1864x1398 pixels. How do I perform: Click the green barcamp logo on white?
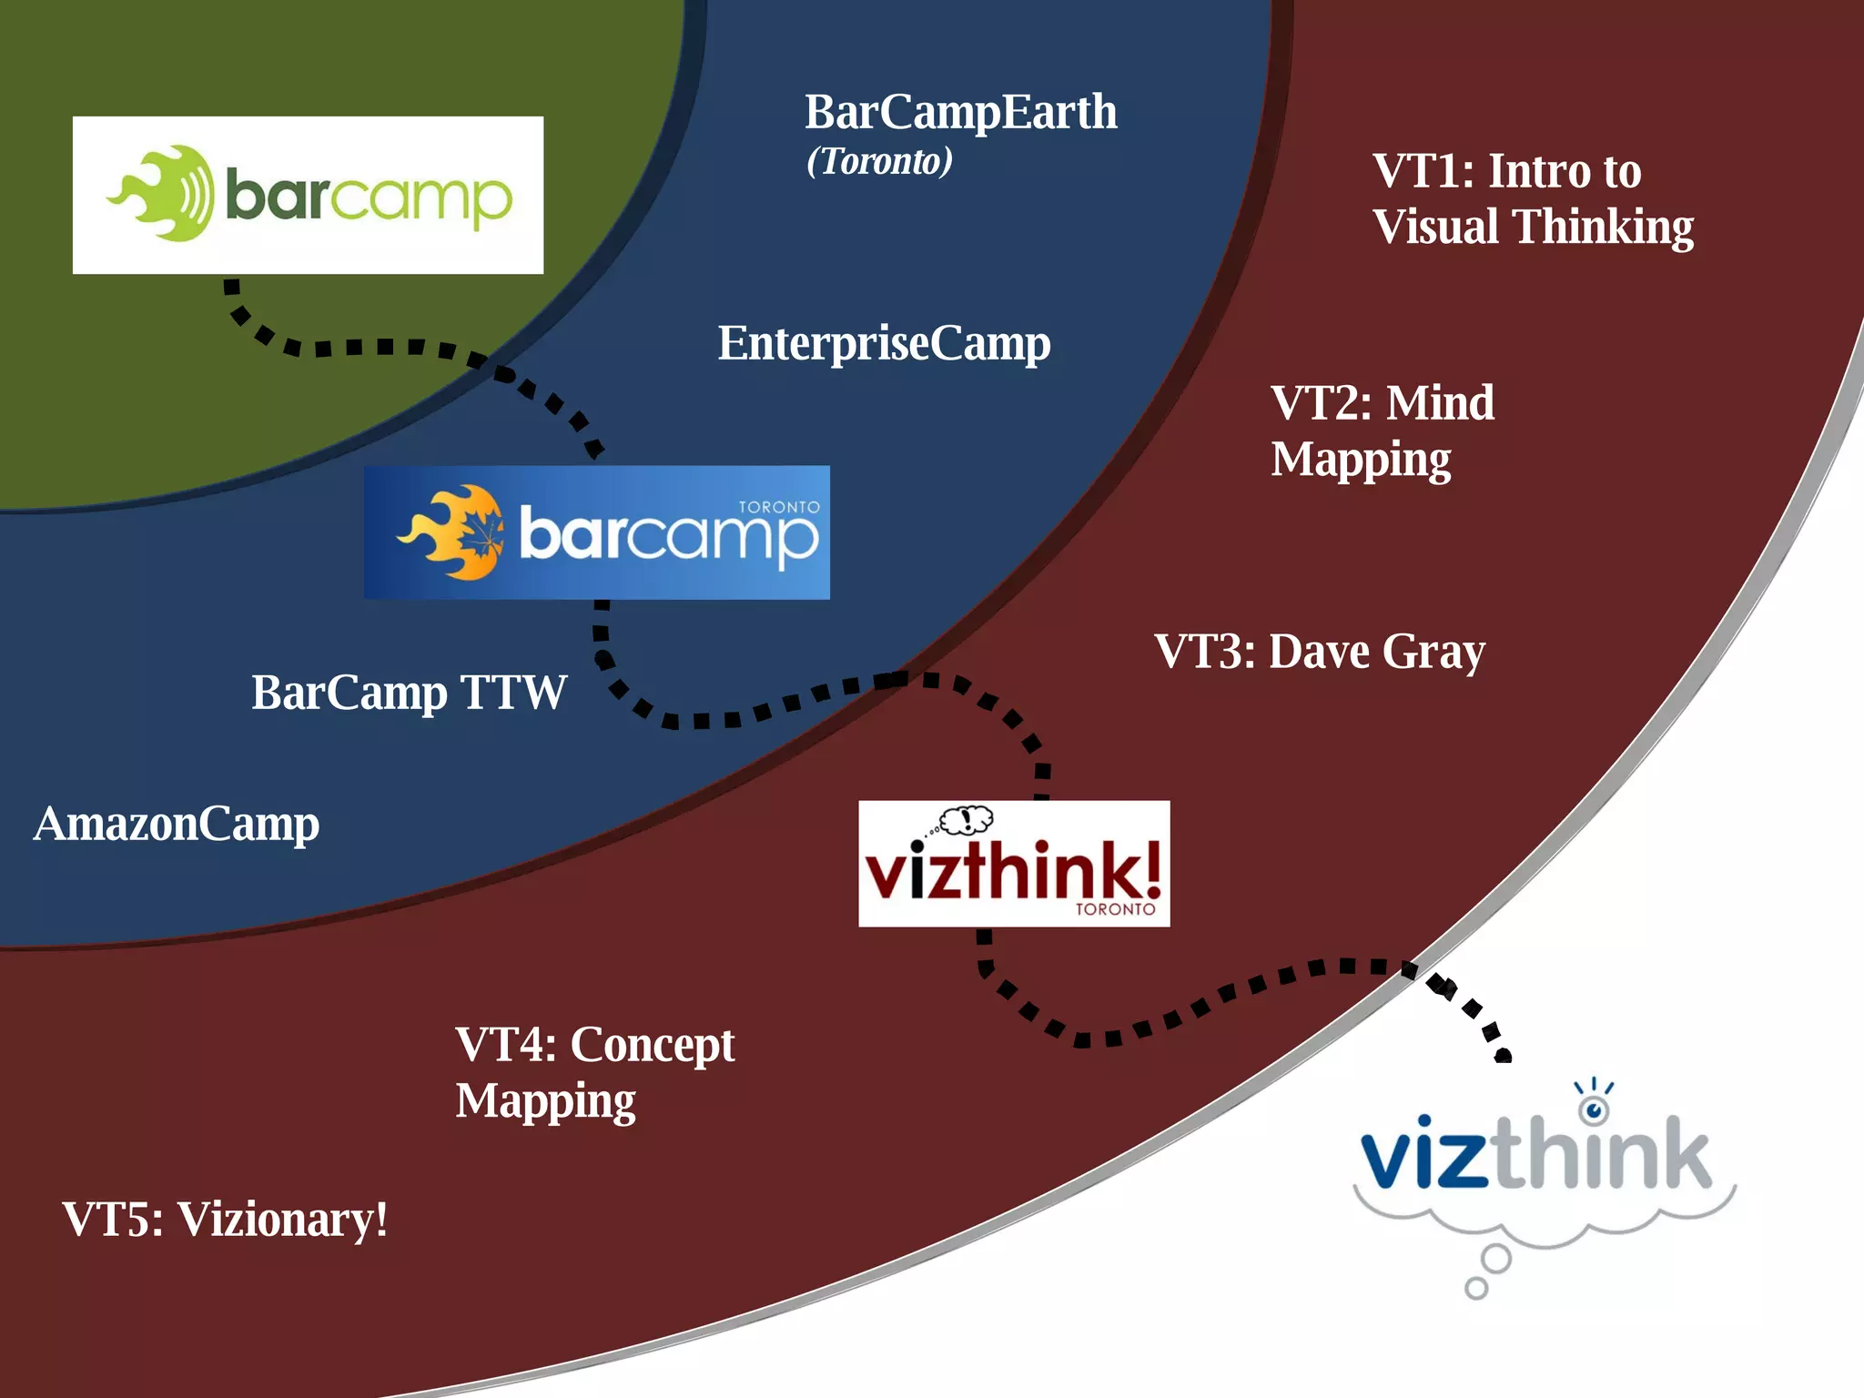[308, 195]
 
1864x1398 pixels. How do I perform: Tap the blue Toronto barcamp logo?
[596, 532]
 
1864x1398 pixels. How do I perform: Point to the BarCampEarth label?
[960, 113]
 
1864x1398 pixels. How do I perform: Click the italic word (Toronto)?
[879, 162]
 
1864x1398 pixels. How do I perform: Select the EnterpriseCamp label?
[884, 344]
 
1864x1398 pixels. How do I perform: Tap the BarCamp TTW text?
[409, 694]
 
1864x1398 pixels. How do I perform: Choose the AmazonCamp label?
[177, 825]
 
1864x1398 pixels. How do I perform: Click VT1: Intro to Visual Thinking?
[1532, 198]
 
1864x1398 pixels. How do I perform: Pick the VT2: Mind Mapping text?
[1381, 431]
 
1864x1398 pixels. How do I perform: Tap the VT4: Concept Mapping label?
[594, 1072]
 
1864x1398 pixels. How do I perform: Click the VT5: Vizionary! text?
[225, 1220]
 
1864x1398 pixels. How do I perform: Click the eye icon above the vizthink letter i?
[1593, 1109]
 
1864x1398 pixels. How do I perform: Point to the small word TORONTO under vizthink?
[1115, 909]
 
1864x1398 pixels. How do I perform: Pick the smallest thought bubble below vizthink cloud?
[1475, 1288]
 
